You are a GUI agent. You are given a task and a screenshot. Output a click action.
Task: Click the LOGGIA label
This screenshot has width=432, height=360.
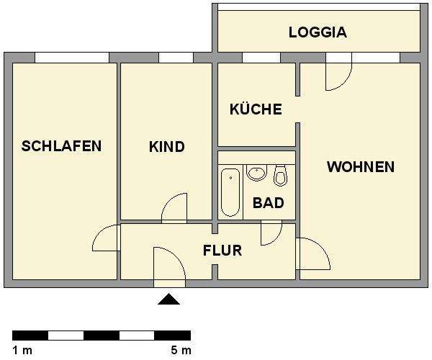(318, 32)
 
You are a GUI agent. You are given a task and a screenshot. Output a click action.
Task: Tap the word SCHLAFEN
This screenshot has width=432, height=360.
(61, 146)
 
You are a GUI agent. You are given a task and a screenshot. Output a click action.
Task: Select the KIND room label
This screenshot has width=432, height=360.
(166, 147)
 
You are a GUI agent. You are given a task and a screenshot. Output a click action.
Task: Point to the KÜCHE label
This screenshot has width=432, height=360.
(255, 110)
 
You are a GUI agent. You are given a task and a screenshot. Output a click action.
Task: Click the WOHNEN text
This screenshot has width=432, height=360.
(360, 167)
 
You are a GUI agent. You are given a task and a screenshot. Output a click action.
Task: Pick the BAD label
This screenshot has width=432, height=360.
(268, 203)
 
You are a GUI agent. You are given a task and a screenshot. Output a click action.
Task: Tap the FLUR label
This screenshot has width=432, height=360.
(222, 251)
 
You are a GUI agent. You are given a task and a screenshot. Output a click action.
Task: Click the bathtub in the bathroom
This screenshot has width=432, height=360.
(230, 192)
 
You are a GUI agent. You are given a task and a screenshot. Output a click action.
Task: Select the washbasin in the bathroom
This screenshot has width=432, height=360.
(256, 173)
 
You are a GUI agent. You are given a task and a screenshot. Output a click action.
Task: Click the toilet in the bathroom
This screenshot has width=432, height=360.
(280, 175)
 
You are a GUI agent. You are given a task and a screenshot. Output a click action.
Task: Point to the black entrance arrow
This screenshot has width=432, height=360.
(168, 300)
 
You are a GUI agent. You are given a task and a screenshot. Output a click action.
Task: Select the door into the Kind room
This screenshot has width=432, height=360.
(176, 209)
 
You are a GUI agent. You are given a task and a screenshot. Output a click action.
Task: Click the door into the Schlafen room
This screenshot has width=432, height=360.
(107, 238)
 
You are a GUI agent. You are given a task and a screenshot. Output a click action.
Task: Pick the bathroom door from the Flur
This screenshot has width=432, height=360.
(271, 232)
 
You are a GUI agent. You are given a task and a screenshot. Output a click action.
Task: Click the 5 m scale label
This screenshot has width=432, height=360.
(181, 351)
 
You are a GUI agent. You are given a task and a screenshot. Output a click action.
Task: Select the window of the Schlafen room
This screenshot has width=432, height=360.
(72, 58)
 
